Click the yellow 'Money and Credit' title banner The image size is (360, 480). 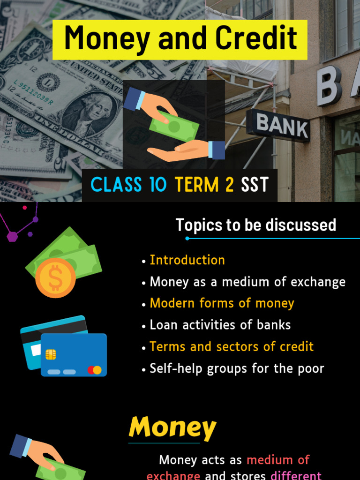click(x=180, y=39)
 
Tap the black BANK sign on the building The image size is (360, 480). click(x=278, y=125)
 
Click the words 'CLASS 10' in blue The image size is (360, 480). click(x=128, y=185)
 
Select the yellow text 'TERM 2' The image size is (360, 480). click(x=204, y=185)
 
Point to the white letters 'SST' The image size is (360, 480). click(x=255, y=185)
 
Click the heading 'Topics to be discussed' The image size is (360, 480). click(x=256, y=225)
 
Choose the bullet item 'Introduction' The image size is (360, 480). click(x=187, y=260)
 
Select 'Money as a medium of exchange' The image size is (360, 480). click(x=247, y=282)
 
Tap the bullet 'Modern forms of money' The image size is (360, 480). click(x=222, y=303)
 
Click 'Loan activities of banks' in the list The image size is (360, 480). click(x=220, y=325)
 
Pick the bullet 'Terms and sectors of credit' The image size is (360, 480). click(x=232, y=347)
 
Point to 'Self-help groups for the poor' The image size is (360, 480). click(x=237, y=368)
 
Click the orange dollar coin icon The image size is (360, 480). click(x=55, y=278)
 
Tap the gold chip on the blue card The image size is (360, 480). click(x=51, y=354)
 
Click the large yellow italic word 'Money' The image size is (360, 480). click(x=172, y=427)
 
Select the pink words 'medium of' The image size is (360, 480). click(x=278, y=460)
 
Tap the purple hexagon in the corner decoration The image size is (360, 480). click(x=12, y=236)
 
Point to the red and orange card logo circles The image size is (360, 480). click(x=94, y=370)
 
